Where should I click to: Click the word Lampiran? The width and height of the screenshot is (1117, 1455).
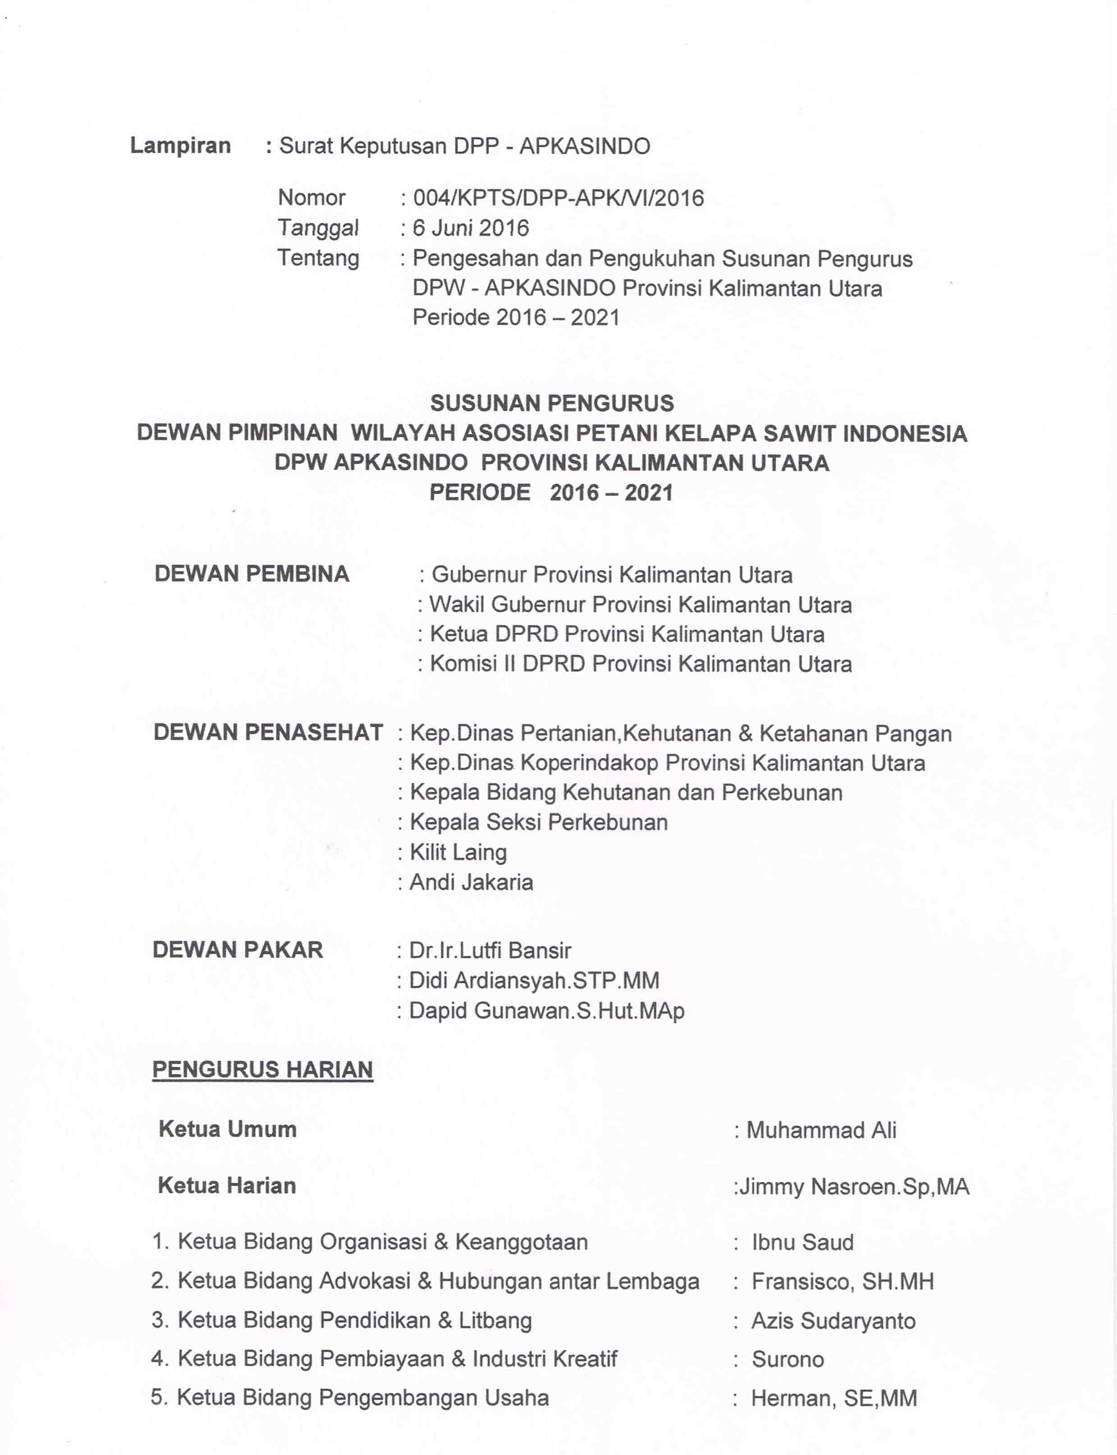click(180, 146)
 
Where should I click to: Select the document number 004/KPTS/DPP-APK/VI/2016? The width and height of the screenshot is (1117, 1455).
click(558, 198)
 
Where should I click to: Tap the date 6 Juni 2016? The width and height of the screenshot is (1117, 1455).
click(471, 228)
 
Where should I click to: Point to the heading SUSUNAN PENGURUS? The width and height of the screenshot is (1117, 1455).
click(552, 403)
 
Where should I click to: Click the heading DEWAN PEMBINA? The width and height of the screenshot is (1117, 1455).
click(252, 574)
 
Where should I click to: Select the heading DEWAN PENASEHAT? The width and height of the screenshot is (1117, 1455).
click(268, 732)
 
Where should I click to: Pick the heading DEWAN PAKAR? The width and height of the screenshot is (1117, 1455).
click(238, 950)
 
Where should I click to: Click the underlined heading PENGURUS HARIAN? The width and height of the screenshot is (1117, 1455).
click(263, 1070)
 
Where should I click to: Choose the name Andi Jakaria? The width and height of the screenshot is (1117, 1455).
click(472, 882)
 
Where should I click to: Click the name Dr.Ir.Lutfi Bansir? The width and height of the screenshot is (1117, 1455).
click(490, 951)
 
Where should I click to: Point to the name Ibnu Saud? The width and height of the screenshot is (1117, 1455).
click(802, 1242)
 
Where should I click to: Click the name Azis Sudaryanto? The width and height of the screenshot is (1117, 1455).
click(833, 1321)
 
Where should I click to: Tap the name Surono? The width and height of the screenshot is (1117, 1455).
click(788, 1359)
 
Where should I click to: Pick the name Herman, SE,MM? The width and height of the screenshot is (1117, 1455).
click(834, 1399)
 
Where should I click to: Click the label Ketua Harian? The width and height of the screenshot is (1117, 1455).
click(227, 1186)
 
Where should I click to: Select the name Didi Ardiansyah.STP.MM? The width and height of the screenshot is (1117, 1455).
click(534, 980)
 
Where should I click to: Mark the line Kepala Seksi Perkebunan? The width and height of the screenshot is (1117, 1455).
click(539, 822)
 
